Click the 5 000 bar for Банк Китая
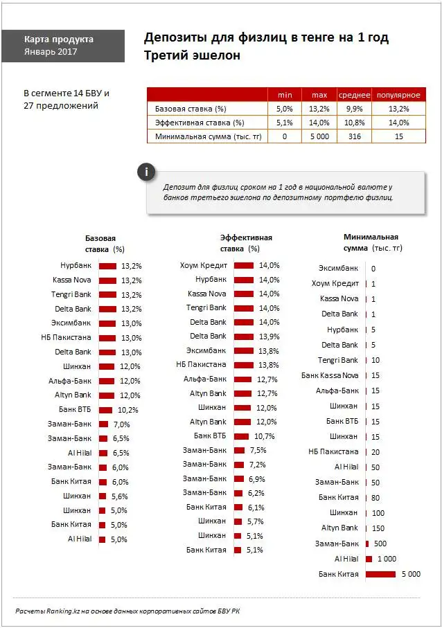(380, 574)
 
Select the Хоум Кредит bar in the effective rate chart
(244, 265)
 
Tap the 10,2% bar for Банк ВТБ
(107, 409)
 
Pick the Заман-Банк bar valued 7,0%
(104, 424)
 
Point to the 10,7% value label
(265, 436)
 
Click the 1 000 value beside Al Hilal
(387, 559)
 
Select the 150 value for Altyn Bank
(378, 528)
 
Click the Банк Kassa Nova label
(330, 375)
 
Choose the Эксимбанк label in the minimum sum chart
(338, 268)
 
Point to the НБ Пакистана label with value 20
(333, 451)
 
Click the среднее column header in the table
(353, 95)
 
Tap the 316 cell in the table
(353, 136)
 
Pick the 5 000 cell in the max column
(319, 136)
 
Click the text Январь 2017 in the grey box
(51, 51)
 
